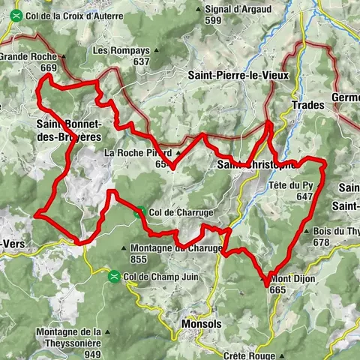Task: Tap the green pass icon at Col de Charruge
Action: click(x=139, y=212)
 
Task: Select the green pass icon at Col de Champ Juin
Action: click(x=114, y=276)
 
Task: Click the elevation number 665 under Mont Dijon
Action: click(x=277, y=289)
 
